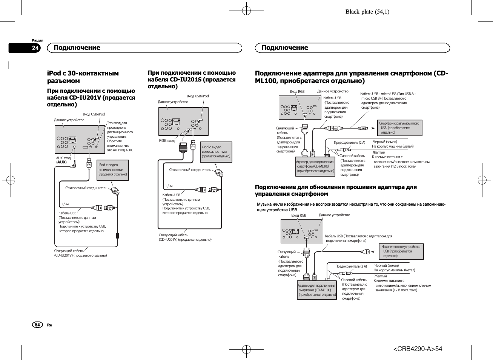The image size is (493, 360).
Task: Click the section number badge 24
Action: click(x=35, y=48)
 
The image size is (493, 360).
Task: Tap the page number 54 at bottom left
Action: click(x=37, y=325)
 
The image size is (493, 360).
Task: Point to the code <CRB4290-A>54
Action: click(x=418, y=349)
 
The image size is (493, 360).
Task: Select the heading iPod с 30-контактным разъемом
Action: click(x=83, y=77)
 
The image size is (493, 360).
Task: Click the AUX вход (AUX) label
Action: click(x=63, y=160)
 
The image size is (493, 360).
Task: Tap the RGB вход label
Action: click(x=167, y=141)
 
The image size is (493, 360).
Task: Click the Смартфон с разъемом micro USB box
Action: click(x=400, y=128)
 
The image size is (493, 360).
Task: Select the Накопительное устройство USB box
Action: click(x=401, y=251)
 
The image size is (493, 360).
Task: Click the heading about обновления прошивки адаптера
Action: click(x=336, y=190)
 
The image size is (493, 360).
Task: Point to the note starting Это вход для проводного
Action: click(x=120, y=136)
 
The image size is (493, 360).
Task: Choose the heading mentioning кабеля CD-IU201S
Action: click(x=192, y=79)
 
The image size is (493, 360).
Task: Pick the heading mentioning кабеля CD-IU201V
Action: click(x=91, y=97)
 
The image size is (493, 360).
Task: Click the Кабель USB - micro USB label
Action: click(x=388, y=100)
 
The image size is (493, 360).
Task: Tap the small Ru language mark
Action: click(x=49, y=325)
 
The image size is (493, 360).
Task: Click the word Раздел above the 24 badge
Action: click(x=37, y=40)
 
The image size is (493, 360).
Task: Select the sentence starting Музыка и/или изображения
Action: click(x=351, y=207)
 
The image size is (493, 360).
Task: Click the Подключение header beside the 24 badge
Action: click(x=77, y=48)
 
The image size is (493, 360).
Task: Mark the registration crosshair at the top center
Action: click(x=246, y=11)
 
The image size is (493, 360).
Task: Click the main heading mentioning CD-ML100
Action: click(x=352, y=77)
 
